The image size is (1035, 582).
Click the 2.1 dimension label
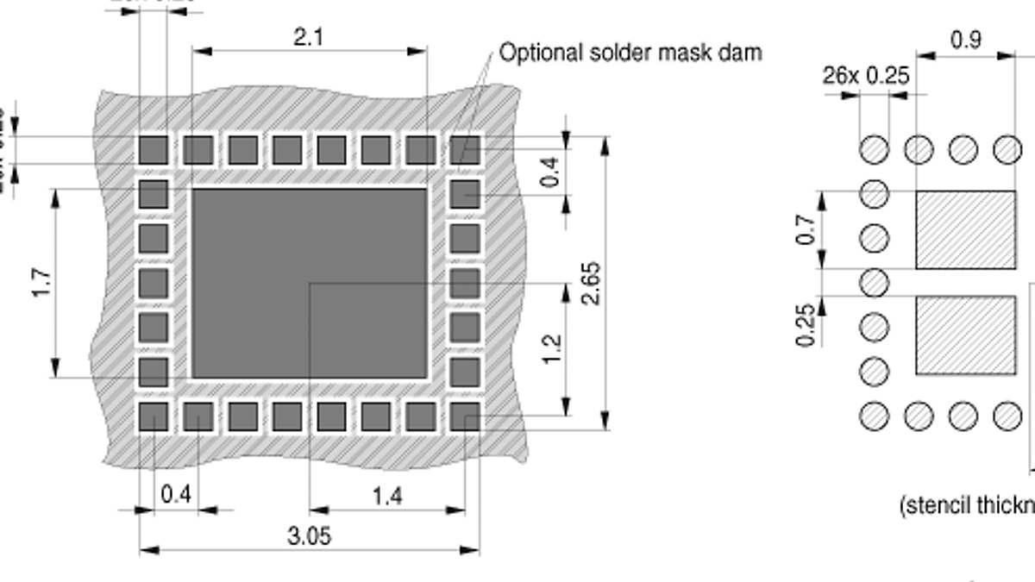[x=309, y=37]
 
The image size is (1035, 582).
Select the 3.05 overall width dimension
[x=309, y=536]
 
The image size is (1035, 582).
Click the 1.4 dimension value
[x=387, y=497]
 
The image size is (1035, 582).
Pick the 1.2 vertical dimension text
[x=553, y=349]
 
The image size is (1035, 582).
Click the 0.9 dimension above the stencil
[x=965, y=41]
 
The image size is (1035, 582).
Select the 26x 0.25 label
[x=865, y=76]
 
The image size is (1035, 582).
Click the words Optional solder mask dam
[x=630, y=53]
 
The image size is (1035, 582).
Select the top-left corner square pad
[x=154, y=150]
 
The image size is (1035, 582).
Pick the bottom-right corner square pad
[x=465, y=417]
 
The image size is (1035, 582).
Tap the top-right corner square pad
[x=465, y=150]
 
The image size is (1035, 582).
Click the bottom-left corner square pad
[x=154, y=417]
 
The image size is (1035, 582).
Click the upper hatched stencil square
[x=965, y=230]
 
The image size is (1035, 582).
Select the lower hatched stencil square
[x=965, y=335]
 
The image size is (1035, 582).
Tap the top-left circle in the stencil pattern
[x=875, y=149]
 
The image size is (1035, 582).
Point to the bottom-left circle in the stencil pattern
[x=875, y=416]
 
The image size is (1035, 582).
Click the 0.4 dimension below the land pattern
[x=175, y=496]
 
